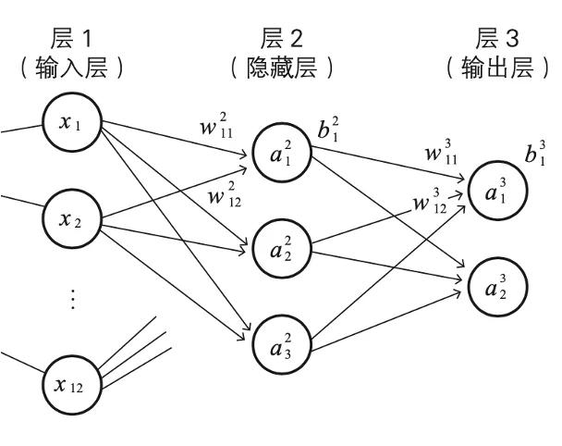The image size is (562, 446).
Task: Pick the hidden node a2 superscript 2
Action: (x=279, y=248)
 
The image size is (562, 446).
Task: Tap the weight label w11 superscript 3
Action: (x=438, y=152)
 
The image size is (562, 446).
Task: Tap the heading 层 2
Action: (x=281, y=38)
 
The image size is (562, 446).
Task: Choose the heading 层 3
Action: (x=499, y=38)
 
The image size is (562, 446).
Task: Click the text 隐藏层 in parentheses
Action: (x=281, y=68)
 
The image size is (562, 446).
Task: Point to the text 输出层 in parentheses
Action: (x=499, y=68)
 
